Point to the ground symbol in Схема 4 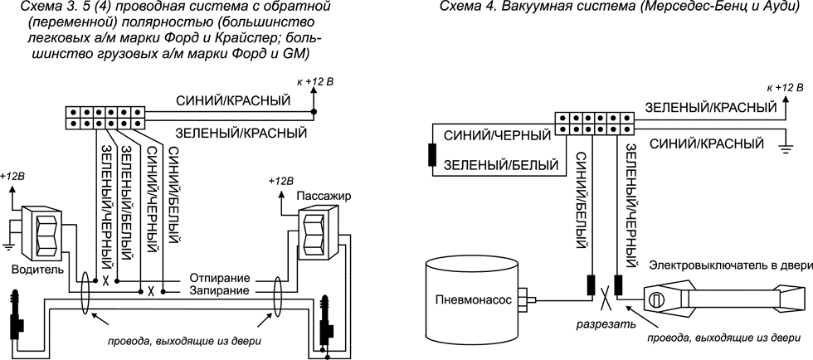point(782,148)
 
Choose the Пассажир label point(319,197)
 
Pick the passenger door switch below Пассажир point(315,235)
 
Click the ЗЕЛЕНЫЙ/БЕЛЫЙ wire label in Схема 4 point(500,165)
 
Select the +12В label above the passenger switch point(282,181)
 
